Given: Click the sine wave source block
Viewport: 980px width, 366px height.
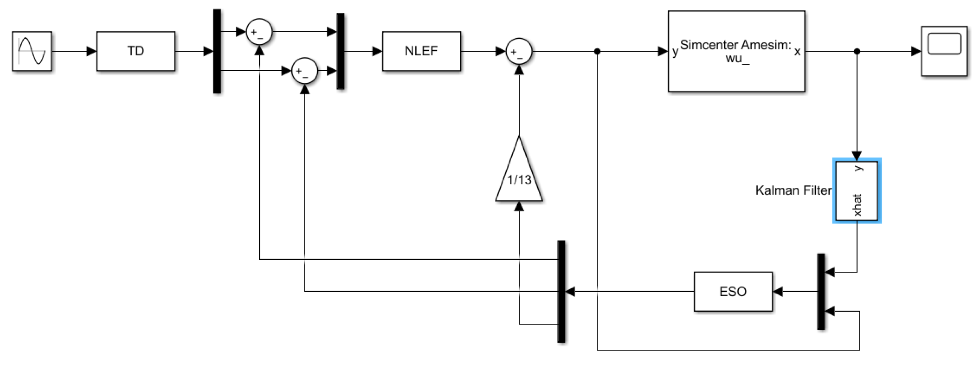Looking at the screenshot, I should coord(32,51).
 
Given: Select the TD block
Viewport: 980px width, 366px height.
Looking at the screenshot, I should coord(136,51).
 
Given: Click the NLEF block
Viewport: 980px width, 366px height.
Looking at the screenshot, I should coord(421,51).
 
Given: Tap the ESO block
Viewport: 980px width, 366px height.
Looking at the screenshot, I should coord(733,291).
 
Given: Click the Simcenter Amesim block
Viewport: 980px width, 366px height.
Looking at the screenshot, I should coord(736,51).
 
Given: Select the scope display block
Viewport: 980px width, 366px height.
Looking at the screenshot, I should coord(944,51).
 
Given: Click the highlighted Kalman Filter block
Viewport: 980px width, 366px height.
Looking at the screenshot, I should coord(857,190).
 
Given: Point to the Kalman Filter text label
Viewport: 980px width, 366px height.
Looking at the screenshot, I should coord(793,190).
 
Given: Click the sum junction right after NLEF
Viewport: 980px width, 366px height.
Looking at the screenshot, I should coord(519,51).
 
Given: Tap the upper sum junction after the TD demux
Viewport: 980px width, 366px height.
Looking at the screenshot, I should coord(259,32).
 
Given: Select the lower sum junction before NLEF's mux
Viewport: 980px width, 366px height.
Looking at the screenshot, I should coord(304,71).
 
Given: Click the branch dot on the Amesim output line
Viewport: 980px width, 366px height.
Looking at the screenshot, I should coord(857,51).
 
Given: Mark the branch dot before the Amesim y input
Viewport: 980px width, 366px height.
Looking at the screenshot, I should coord(597,51).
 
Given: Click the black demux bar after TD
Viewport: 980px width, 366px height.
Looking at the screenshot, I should coord(217,51).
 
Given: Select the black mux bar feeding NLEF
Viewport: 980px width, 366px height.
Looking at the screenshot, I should coord(341,51).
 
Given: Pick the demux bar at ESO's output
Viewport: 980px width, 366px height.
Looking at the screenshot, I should coord(561,291).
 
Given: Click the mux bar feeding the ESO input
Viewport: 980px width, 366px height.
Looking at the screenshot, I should coord(821,291).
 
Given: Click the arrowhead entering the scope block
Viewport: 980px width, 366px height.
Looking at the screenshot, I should coord(916,51).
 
